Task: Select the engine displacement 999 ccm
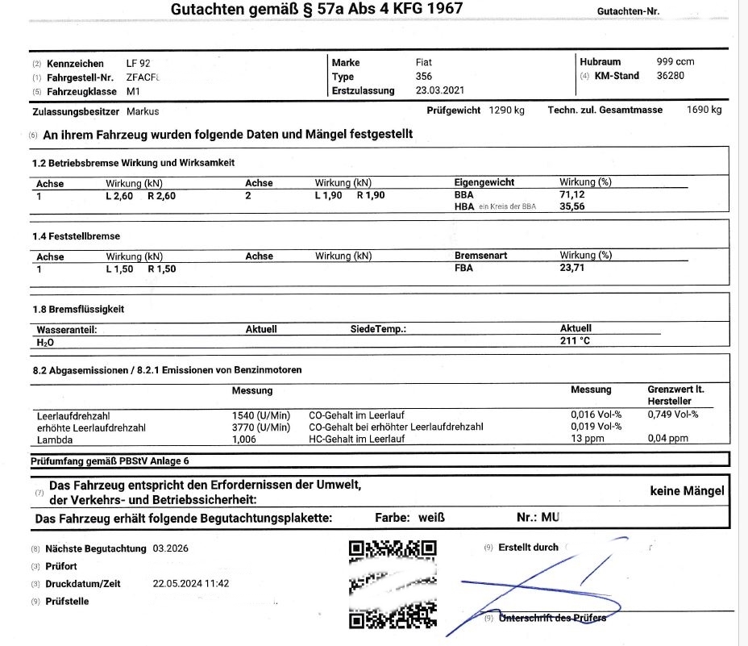click(675, 61)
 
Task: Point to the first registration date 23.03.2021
click(440, 90)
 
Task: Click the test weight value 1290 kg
click(506, 110)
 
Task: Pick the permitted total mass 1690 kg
click(704, 110)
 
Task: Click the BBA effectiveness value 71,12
click(572, 194)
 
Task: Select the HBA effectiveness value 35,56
click(572, 206)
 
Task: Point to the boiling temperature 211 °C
click(575, 341)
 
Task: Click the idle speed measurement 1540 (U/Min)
click(260, 415)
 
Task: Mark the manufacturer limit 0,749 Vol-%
click(673, 415)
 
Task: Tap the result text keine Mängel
click(687, 490)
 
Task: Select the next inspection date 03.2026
click(170, 548)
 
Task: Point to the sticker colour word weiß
click(431, 518)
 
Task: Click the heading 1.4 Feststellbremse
click(75, 235)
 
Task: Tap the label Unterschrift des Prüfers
click(552, 618)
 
